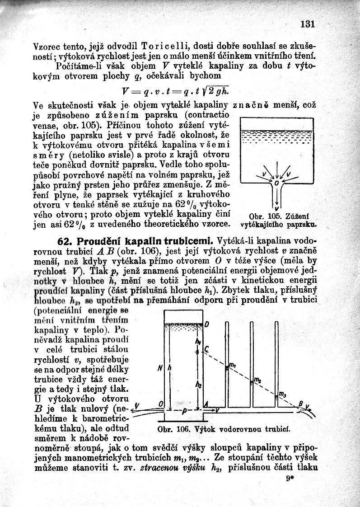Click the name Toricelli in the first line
click(x=165, y=46)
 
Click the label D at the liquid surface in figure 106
click(x=206, y=324)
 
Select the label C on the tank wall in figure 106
click(x=206, y=349)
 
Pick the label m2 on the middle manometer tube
click(x=257, y=380)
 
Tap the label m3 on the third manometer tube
click(x=282, y=395)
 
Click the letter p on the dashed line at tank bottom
click(x=184, y=412)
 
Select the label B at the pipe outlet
click(x=300, y=404)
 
